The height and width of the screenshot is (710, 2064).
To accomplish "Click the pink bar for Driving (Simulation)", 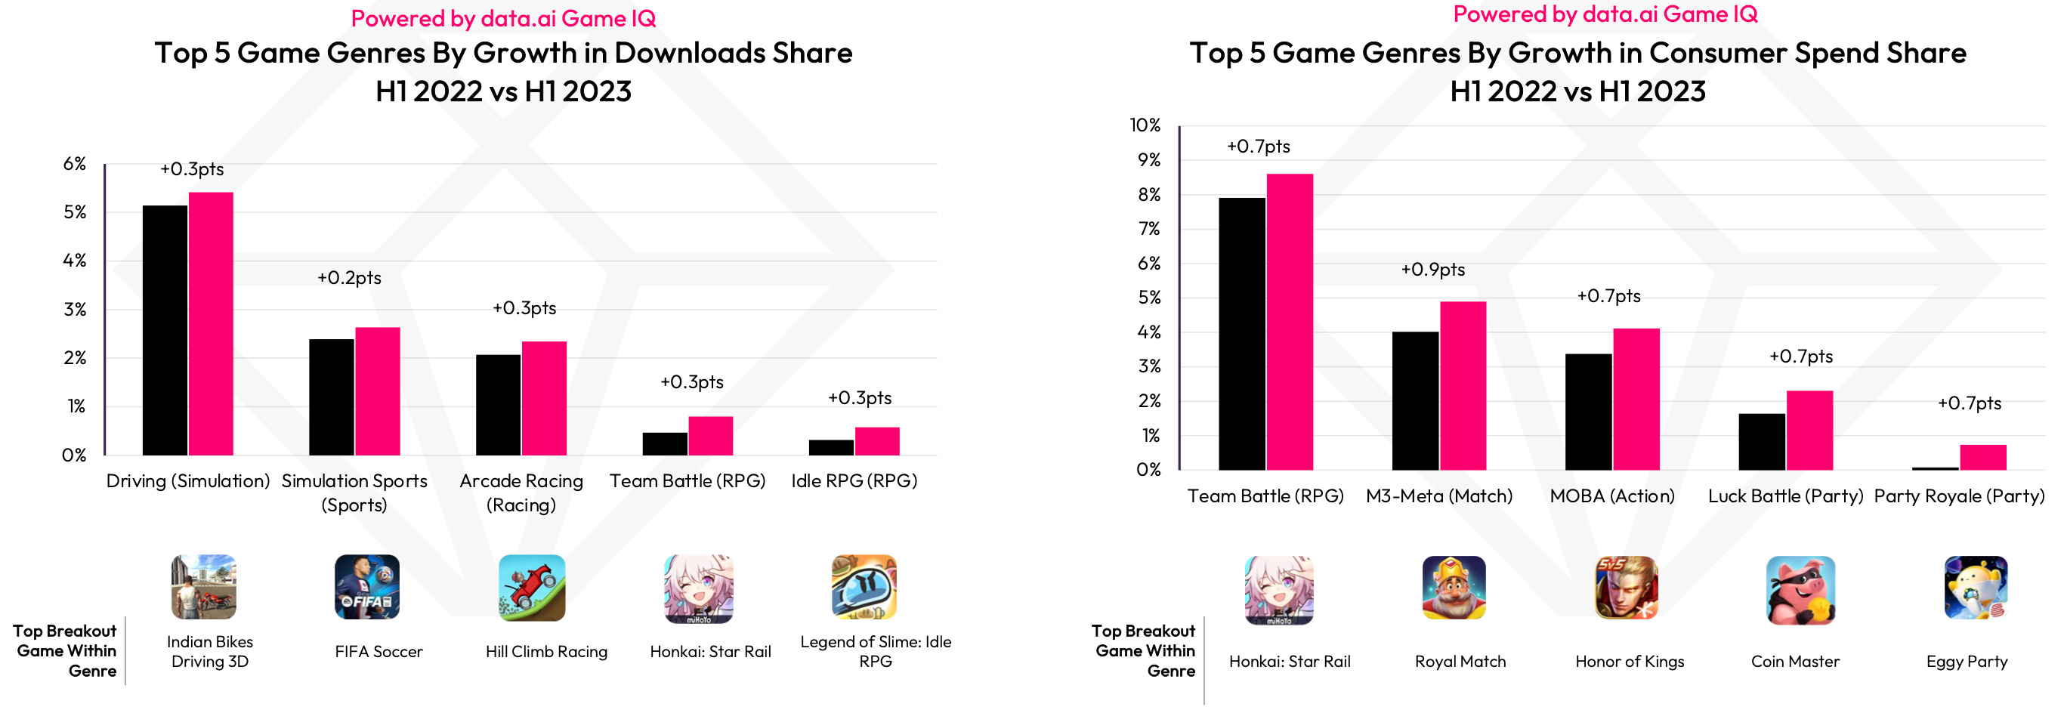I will pos(211,324).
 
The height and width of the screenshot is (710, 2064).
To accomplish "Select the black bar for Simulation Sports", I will pos(331,397).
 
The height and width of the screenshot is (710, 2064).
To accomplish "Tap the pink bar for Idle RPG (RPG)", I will pos(876,442).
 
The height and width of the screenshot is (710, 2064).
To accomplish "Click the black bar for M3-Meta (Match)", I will pos(1415,400).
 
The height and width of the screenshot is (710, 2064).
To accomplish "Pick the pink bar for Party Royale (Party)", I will pos(1982,458).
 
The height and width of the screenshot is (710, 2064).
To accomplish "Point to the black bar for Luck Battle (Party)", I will pos(1761,442).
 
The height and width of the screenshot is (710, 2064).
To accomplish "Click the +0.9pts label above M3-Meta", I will pos(1432,270).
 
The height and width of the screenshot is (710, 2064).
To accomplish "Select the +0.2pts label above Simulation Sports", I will pos(348,278).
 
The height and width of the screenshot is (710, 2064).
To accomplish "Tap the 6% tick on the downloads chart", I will pos(75,164).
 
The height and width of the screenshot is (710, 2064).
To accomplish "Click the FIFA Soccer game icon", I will pos(367,588).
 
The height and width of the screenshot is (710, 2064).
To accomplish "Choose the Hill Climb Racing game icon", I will pos(531,588).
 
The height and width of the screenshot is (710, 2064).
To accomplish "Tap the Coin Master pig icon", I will pos(1800,590).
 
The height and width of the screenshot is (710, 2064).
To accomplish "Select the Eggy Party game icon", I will pos(1975,589).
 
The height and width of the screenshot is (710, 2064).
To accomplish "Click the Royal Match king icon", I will pos(1454,589).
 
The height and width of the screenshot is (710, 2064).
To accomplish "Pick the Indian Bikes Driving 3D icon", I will pos(203,588).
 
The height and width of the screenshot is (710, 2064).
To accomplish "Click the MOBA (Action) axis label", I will pos(1611,496).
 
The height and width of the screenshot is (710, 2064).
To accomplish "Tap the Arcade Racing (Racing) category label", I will pos(521,492).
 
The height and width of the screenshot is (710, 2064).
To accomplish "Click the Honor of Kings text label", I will pos(1629,662).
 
